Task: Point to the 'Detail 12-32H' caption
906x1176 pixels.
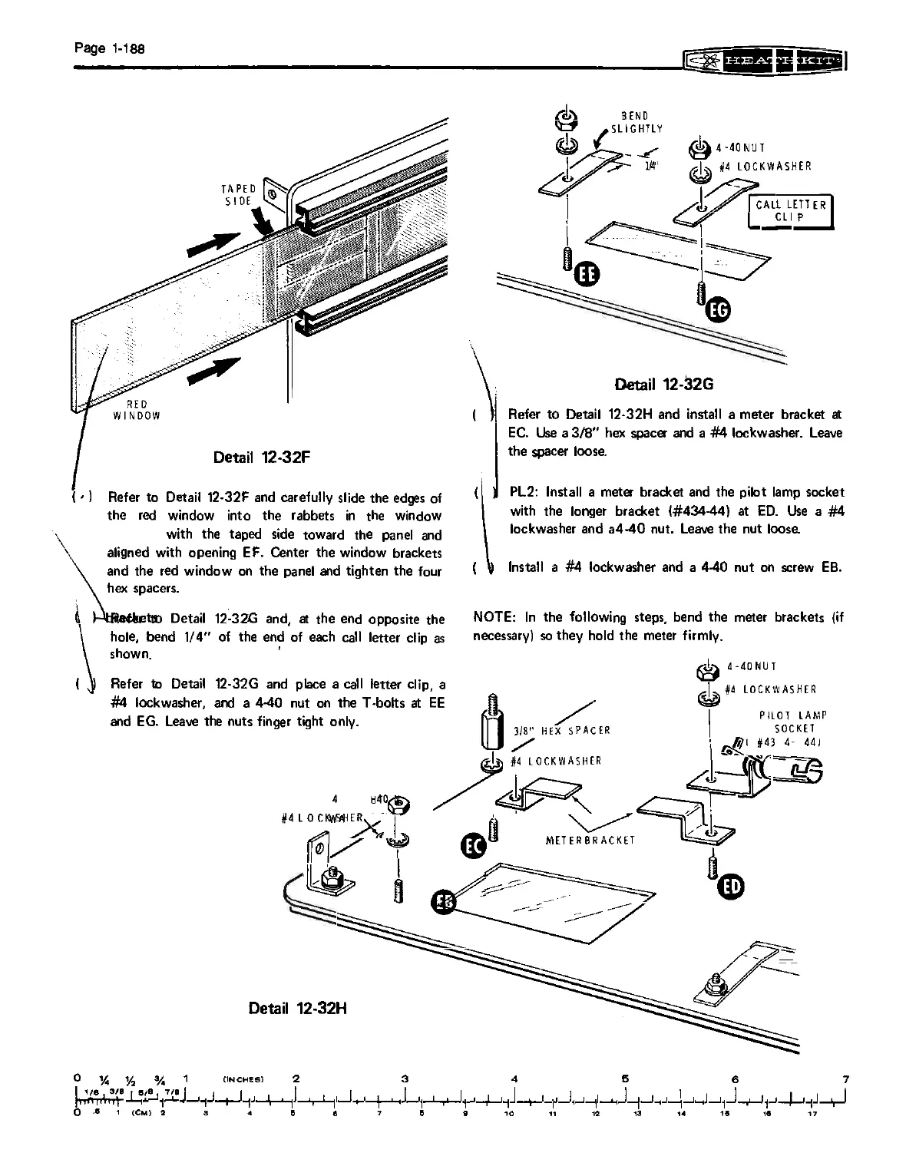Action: [x=298, y=1006]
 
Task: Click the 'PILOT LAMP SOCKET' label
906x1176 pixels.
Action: [x=793, y=722]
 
